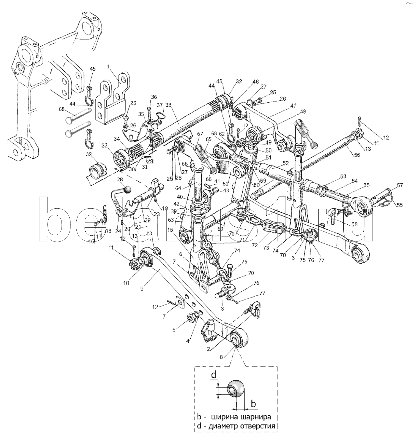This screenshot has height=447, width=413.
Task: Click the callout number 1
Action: pyautogui.click(x=109, y=67)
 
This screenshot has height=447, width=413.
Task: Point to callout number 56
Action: pyautogui.click(x=357, y=155)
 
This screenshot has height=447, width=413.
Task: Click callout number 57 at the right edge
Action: pyautogui.click(x=400, y=185)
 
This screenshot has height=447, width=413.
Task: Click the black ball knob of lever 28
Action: pyautogui.click(x=128, y=189)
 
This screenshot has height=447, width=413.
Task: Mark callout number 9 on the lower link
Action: pyautogui.click(x=142, y=288)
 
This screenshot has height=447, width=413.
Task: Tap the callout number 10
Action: pyautogui.click(x=126, y=283)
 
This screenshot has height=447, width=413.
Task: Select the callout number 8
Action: pyautogui.click(x=222, y=357)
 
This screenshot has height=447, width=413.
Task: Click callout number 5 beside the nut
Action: pyautogui.click(x=174, y=330)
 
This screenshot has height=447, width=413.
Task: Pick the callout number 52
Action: pyautogui.click(x=286, y=163)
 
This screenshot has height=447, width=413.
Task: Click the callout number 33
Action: pyautogui.click(x=104, y=145)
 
